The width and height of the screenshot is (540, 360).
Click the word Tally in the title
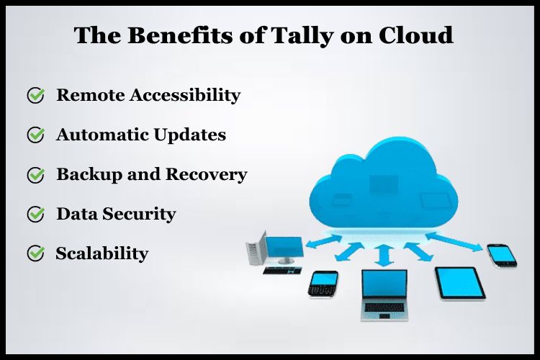click(320, 35)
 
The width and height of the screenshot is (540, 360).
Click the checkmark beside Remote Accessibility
click(36, 96)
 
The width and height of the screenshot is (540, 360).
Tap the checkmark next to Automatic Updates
click(36, 135)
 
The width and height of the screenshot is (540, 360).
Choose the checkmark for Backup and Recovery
click(36, 175)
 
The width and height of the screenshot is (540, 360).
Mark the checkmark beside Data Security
click(36, 215)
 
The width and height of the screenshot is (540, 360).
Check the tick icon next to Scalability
click(36, 253)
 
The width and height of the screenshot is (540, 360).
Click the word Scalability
click(102, 253)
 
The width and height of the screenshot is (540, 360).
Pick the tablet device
click(459, 283)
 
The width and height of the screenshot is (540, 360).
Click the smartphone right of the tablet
click(501, 254)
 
